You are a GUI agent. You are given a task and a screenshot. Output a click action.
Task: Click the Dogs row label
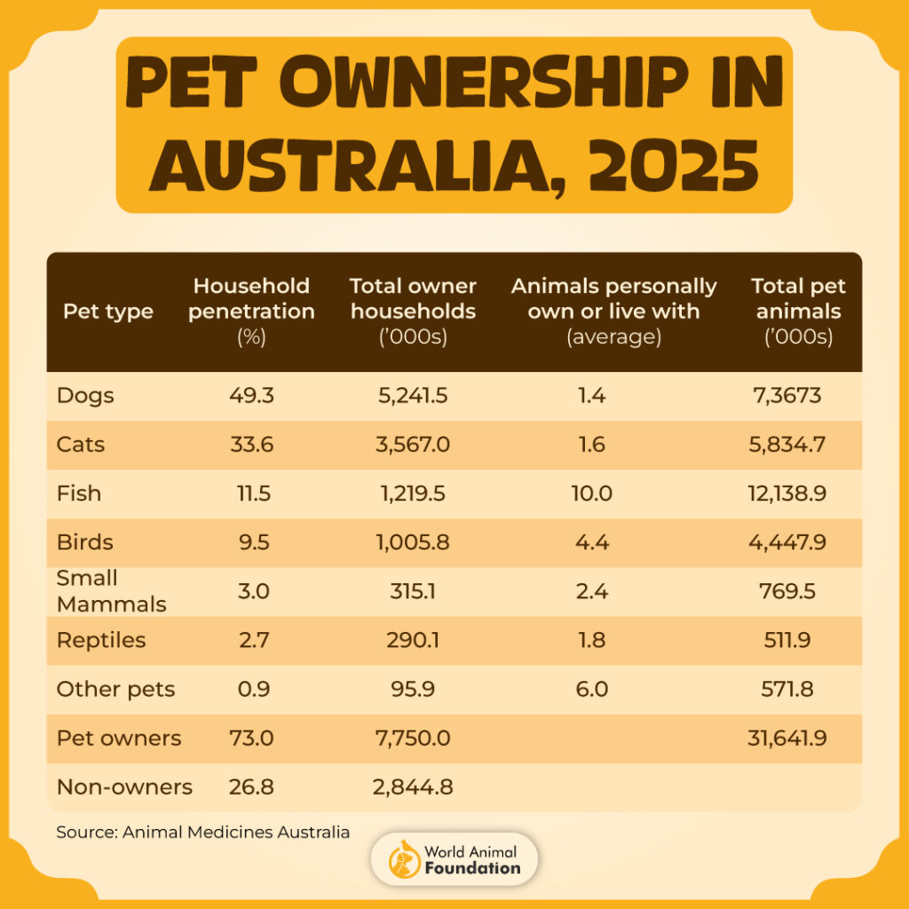click(85, 395)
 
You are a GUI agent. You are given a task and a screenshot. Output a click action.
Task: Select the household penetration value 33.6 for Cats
click(253, 444)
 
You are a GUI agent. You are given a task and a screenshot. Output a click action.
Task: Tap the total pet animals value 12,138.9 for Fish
click(788, 493)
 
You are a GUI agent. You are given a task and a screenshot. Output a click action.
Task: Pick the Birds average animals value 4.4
click(591, 542)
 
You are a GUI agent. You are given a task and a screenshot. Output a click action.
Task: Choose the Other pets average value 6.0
click(591, 689)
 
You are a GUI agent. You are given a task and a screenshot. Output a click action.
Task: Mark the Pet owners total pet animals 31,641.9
click(788, 738)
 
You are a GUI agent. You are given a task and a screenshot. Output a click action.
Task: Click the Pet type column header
click(108, 312)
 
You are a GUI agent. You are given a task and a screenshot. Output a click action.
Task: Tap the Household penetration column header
click(253, 311)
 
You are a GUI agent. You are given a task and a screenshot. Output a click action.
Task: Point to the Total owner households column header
click(413, 311)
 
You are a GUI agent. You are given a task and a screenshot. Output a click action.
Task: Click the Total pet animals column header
click(798, 311)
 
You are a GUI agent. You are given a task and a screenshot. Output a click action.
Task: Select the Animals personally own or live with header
click(613, 311)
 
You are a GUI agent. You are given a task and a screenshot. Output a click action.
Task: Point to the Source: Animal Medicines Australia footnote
click(202, 833)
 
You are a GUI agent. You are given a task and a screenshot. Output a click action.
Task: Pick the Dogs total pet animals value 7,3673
click(788, 395)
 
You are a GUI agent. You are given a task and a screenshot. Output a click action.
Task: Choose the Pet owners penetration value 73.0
click(253, 738)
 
